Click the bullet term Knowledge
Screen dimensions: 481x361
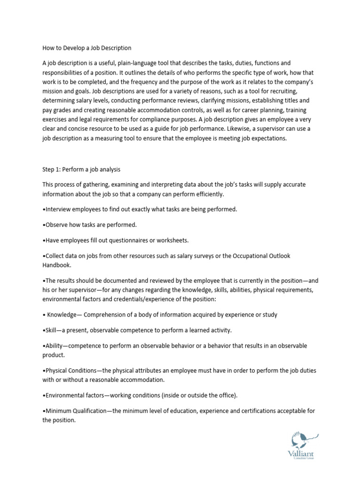click(x=63, y=314)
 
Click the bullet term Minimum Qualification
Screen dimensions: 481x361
click(x=76, y=411)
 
